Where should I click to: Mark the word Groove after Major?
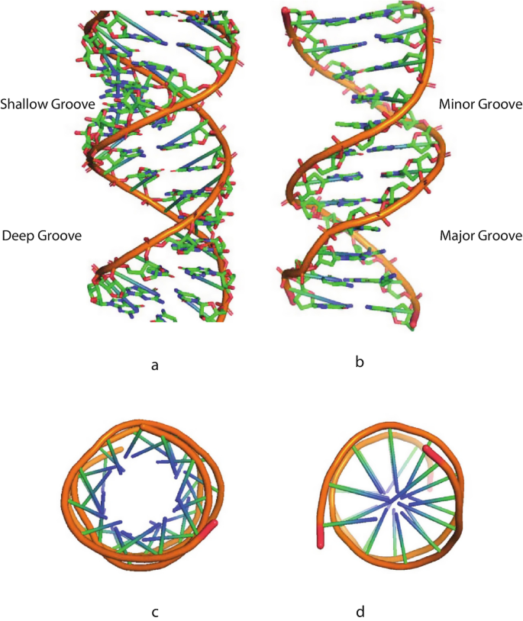pyautogui.click(x=500, y=236)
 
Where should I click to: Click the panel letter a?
pyautogui.click(x=155, y=365)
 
